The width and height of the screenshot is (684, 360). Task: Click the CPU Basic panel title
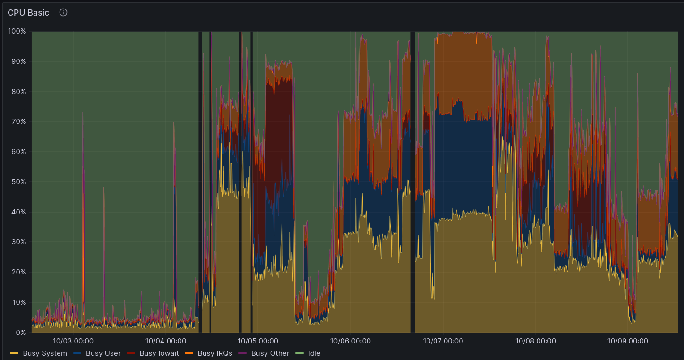click(28, 13)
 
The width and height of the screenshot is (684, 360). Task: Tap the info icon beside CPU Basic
click(63, 12)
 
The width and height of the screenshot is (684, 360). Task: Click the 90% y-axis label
click(18, 61)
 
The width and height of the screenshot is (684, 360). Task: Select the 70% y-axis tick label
click(18, 121)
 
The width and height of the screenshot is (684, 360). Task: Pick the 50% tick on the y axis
click(18, 182)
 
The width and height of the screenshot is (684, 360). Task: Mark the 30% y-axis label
click(18, 242)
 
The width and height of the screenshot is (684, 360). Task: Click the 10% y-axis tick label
click(18, 302)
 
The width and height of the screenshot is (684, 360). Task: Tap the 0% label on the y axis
click(20, 333)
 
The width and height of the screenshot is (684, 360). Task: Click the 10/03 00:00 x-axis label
click(73, 341)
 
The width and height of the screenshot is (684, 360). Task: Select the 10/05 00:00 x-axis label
click(258, 341)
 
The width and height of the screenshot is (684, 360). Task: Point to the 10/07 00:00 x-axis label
click(443, 341)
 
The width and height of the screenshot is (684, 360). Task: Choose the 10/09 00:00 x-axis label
click(628, 341)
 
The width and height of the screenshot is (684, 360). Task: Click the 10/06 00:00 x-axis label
click(351, 341)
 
